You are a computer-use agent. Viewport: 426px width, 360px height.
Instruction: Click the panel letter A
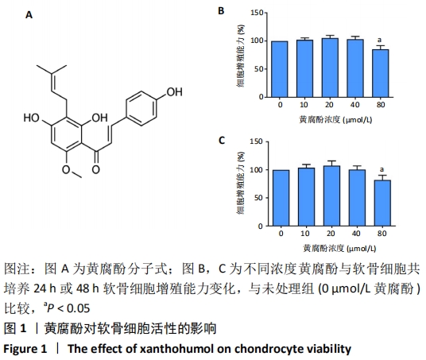coord(29,14)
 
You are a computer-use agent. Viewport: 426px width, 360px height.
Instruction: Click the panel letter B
coord(221,11)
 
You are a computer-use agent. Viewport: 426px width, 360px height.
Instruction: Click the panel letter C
coord(222,141)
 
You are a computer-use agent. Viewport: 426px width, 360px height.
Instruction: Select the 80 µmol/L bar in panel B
coord(381,73)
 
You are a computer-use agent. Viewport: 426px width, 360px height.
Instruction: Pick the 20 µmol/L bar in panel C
coord(331,196)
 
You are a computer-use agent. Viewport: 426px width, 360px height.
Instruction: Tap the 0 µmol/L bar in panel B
coord(279,69)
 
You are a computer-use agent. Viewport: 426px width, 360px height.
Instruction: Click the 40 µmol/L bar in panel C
coord(358,198)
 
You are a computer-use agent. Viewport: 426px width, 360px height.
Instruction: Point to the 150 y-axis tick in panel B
coord(257,13)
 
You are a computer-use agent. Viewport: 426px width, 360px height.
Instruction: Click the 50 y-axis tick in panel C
coord(258,198)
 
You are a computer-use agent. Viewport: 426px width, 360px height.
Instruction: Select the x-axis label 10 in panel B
coord(304,105)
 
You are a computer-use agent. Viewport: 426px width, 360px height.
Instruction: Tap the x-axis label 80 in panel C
coord(382,234)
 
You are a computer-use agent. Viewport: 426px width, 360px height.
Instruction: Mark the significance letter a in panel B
coord(380,41)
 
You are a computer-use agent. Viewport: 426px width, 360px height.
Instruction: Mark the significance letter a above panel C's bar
coord(381,169)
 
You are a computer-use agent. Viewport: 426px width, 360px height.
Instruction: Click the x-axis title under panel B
coord(335,120)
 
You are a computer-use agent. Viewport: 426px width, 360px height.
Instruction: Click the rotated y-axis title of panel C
coord(241,183)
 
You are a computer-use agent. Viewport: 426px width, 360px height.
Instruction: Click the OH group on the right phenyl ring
coord(174,92)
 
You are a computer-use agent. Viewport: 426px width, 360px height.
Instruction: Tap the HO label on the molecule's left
coord(32,118)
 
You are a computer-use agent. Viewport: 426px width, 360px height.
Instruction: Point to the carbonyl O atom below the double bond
coord(95,169)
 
